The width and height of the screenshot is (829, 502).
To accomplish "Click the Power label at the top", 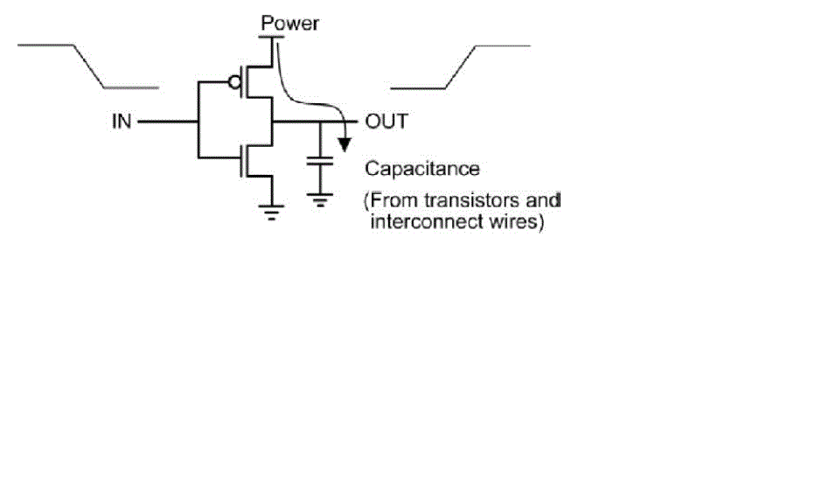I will pos(289,23).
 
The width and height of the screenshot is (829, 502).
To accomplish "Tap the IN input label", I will pos(122,121).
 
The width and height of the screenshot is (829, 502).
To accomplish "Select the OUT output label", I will pos(386,121).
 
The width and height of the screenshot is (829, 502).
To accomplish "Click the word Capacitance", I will pos(422,168).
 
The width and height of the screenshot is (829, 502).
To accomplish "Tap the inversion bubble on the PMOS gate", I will pos(233,82).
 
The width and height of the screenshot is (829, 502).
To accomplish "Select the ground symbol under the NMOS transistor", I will pos(272,211).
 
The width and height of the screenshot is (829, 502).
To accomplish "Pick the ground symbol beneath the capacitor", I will pos(321,200).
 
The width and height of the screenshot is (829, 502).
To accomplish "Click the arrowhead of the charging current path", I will pos(346,141).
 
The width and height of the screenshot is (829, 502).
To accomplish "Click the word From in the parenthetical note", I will pos(387,200).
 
